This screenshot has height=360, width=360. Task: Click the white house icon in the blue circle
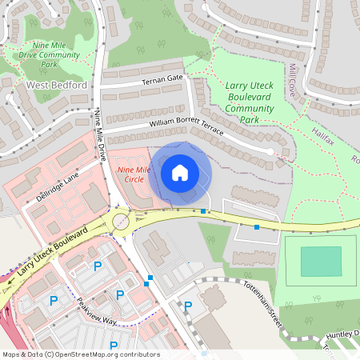(180, 173)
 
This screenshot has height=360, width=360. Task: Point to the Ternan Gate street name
(162, 78)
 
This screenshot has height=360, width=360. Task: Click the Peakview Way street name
(97, 313)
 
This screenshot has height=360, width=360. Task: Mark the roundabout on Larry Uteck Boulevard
(121, 221)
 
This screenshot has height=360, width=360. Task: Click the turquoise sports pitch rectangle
(320, 261)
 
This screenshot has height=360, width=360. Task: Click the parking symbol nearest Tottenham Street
(189, 306)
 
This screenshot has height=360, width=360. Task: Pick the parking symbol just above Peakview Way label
(120, 294)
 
